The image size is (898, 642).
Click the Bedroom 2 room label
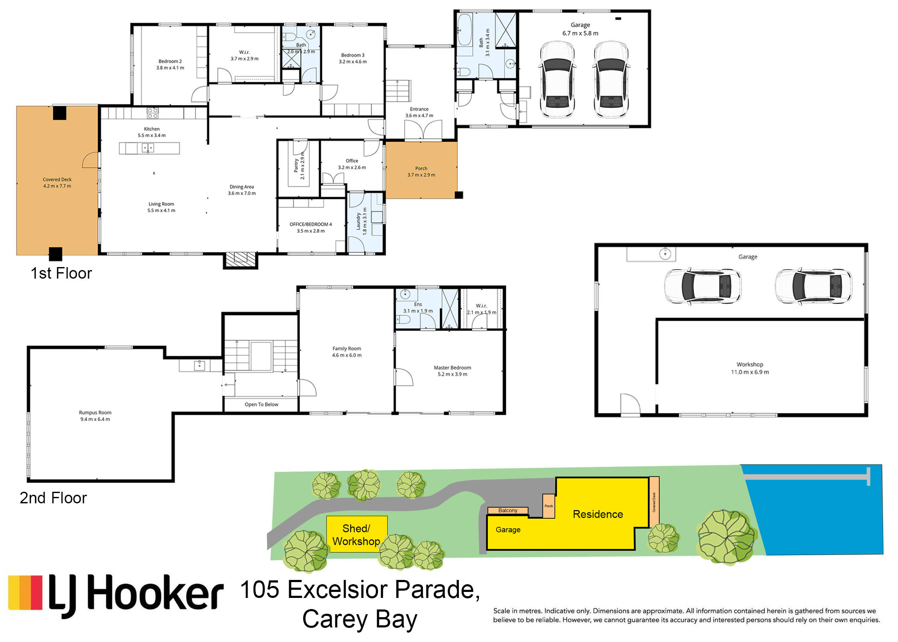170,61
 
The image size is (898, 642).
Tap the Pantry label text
296,166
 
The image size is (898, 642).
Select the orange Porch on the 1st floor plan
421,170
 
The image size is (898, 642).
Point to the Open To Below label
261,404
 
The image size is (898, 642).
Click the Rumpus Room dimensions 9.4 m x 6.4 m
95,419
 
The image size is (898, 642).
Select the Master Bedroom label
452,368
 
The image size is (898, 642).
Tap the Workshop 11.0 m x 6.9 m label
750,369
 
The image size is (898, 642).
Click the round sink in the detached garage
665,254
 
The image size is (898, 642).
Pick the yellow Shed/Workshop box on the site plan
357,534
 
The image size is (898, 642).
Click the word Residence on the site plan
598,514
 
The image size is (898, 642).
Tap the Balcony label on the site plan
508,511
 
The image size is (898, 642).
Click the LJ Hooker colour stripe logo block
25,593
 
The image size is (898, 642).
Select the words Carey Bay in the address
360,619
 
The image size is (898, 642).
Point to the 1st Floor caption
61,273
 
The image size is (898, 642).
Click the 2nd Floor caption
53,498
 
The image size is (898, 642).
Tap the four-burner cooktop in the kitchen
153,113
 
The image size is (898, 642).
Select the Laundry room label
358,221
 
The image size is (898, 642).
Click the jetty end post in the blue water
868,477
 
